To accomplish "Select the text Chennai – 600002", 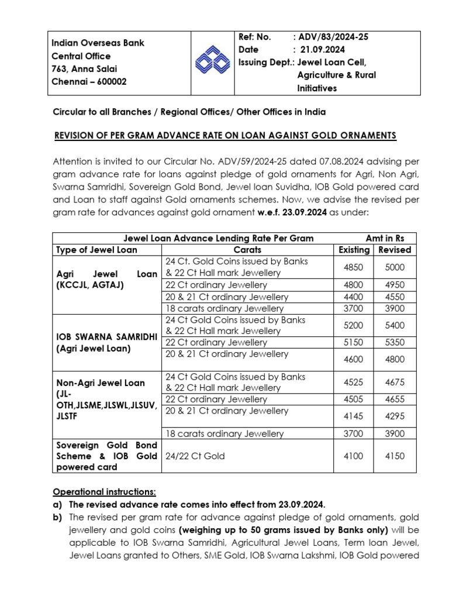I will (x=88, y=82).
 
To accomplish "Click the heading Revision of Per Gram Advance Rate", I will (x=224, y=136).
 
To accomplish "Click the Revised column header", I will (x=395, y=250).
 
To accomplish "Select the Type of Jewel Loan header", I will (x=96, y=250).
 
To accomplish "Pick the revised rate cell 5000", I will (x=395, y=267).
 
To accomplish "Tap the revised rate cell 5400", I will (x=395, y=325).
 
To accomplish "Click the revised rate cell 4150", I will (x=395, y=456).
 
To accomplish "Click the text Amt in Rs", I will (x=385, y=238).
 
